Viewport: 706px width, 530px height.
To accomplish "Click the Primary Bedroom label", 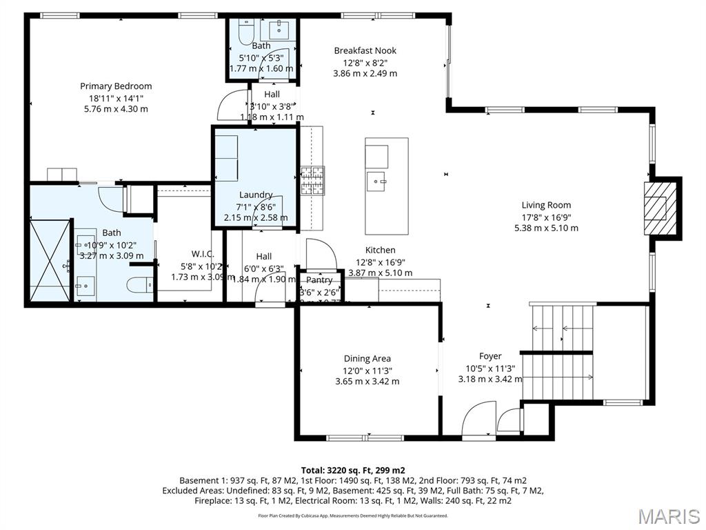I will [x=116, y=86].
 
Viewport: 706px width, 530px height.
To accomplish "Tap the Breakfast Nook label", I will [x=365, y=50].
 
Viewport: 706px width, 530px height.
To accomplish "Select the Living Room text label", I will [x=546, y=205].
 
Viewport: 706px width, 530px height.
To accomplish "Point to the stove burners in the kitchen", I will [x=312, y=181].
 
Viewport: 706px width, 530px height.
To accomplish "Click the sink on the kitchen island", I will [x=377, y=184].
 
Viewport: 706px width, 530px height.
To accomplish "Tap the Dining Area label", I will [x=367, y=358].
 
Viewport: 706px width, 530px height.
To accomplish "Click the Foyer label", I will [x=490, y=356].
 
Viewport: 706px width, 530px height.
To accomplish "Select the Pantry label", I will [x=319, y=280].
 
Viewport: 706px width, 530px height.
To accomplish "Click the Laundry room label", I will [x=256, y=195].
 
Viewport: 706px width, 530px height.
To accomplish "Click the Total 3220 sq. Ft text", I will [x=352, y=470].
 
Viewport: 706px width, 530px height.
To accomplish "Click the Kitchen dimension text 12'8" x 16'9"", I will [x=380, y=262].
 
